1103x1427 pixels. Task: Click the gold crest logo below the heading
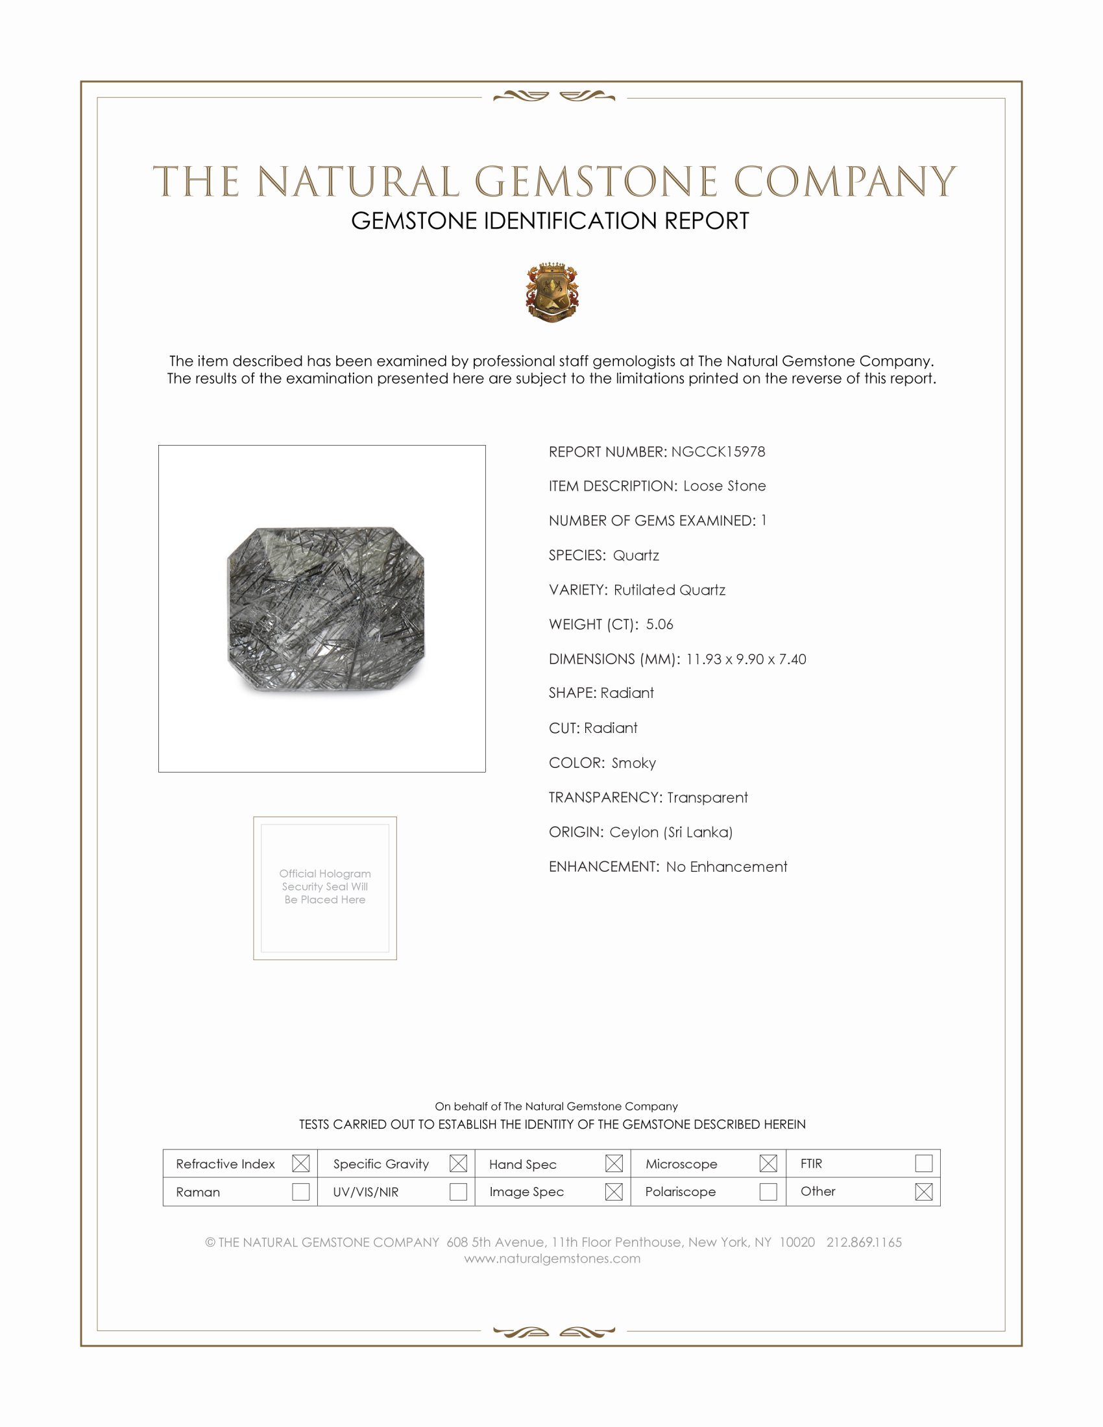552,293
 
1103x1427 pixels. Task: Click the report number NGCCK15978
718,451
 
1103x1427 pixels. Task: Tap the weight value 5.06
659,624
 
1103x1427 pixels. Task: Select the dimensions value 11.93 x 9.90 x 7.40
745,658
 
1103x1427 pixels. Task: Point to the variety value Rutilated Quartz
669,590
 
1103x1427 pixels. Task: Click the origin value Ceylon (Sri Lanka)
670,832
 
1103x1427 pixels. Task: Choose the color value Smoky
633,763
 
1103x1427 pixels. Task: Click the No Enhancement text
726,867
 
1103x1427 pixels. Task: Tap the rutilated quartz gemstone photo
326,609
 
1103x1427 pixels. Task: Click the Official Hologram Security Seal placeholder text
325,886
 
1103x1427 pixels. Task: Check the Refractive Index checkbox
300,1163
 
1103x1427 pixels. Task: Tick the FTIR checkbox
923,1163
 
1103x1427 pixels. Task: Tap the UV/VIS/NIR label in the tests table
365,1192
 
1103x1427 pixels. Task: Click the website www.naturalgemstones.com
552,1258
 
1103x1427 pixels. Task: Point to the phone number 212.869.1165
863,1242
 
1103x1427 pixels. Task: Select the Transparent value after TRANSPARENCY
707,797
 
